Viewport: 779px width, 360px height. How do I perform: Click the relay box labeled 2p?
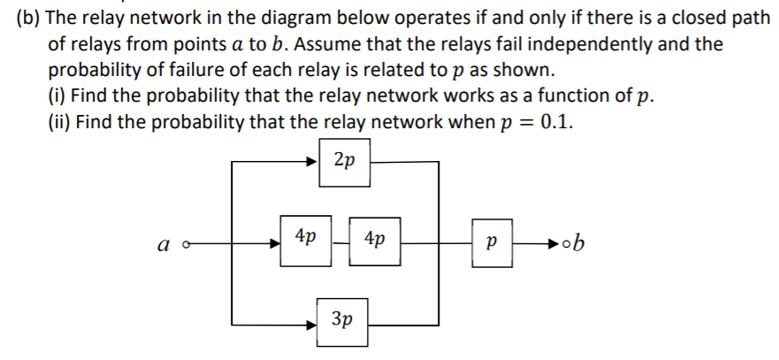[x=345, y=162]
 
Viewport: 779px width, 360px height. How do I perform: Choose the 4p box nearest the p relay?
[x=375, y=239]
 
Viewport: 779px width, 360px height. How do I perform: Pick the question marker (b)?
[x=29, y=19]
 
